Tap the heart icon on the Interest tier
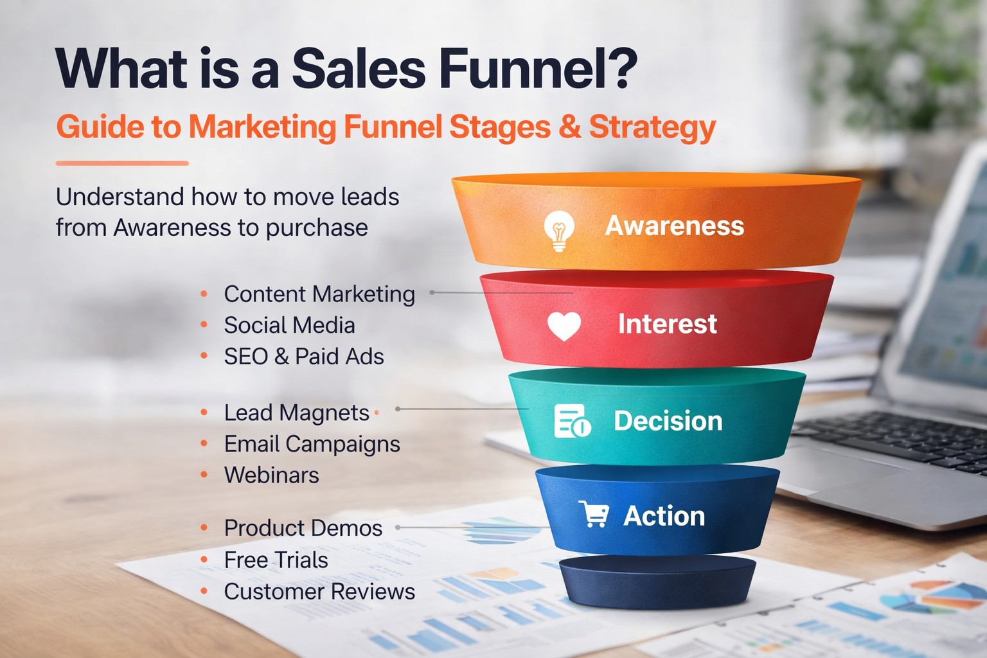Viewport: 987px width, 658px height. pyautogui.click(x=564, y=326)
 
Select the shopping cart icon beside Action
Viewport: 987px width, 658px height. pyautogui.click(x=594, y=515)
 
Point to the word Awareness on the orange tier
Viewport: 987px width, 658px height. pyautogui.click(x=675, y=226)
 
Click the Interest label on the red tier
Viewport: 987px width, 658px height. pyautogui.click(x=667, y=324)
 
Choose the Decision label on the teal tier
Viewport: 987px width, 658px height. pyautogui.click(x=668, y=421)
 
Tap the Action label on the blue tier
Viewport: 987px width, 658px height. pyautogui.click(x=664, y=516)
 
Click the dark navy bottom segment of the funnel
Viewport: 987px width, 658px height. pyautogui.click(x=657, y=581)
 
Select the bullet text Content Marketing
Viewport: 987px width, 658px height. pyautogui.click(x=319, y=294)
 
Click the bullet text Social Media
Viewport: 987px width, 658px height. pyautogui.click(x=289, y=325)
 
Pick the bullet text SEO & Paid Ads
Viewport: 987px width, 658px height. pyautogui.click(x=304, y=357)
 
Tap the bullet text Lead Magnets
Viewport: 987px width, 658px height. pyautogui.click(x=296, y=413)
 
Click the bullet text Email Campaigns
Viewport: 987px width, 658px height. pyautogui.click(x=312, y=444)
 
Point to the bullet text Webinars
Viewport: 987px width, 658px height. pyautogui.click(x=271, y=476)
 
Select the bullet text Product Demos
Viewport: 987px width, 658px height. pyautogui.click(x=303, y=528)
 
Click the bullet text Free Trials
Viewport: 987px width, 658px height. pyautogui.click(x=276, y=560)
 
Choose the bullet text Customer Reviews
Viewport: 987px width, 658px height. pyautogui.click(x=319, y=592)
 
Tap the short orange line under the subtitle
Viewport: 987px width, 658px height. pyautogui.click(x=122, y=163)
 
